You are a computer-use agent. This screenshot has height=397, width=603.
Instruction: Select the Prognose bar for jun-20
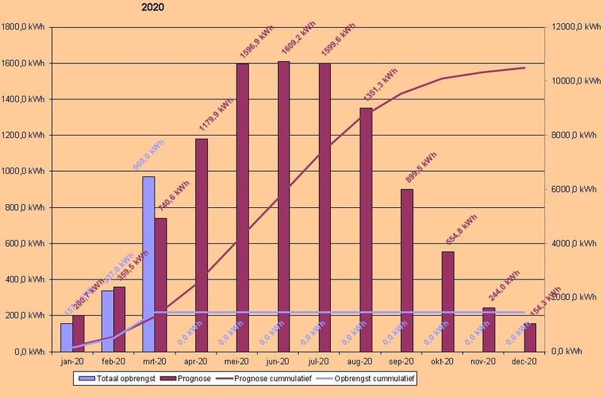point(284,206)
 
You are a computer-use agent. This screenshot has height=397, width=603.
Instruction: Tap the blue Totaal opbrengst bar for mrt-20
point(148,264)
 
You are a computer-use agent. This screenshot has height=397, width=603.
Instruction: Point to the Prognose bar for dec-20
point(530,337)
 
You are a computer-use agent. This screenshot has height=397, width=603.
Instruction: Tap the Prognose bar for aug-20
point(366,230)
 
